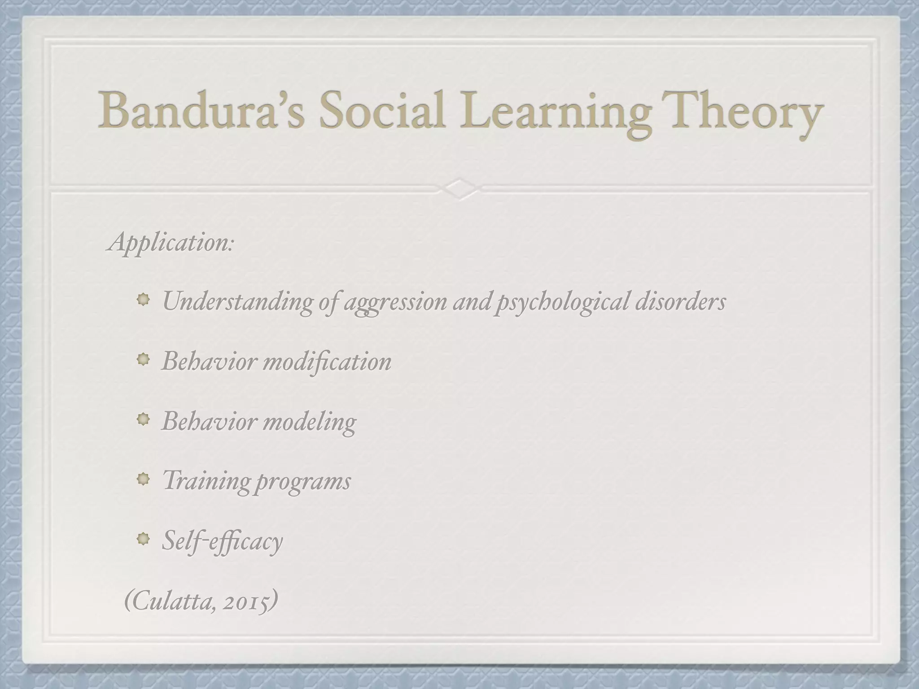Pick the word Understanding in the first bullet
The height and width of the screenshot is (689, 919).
[x=237, y=301]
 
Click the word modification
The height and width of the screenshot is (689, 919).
[x=327, y=361]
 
